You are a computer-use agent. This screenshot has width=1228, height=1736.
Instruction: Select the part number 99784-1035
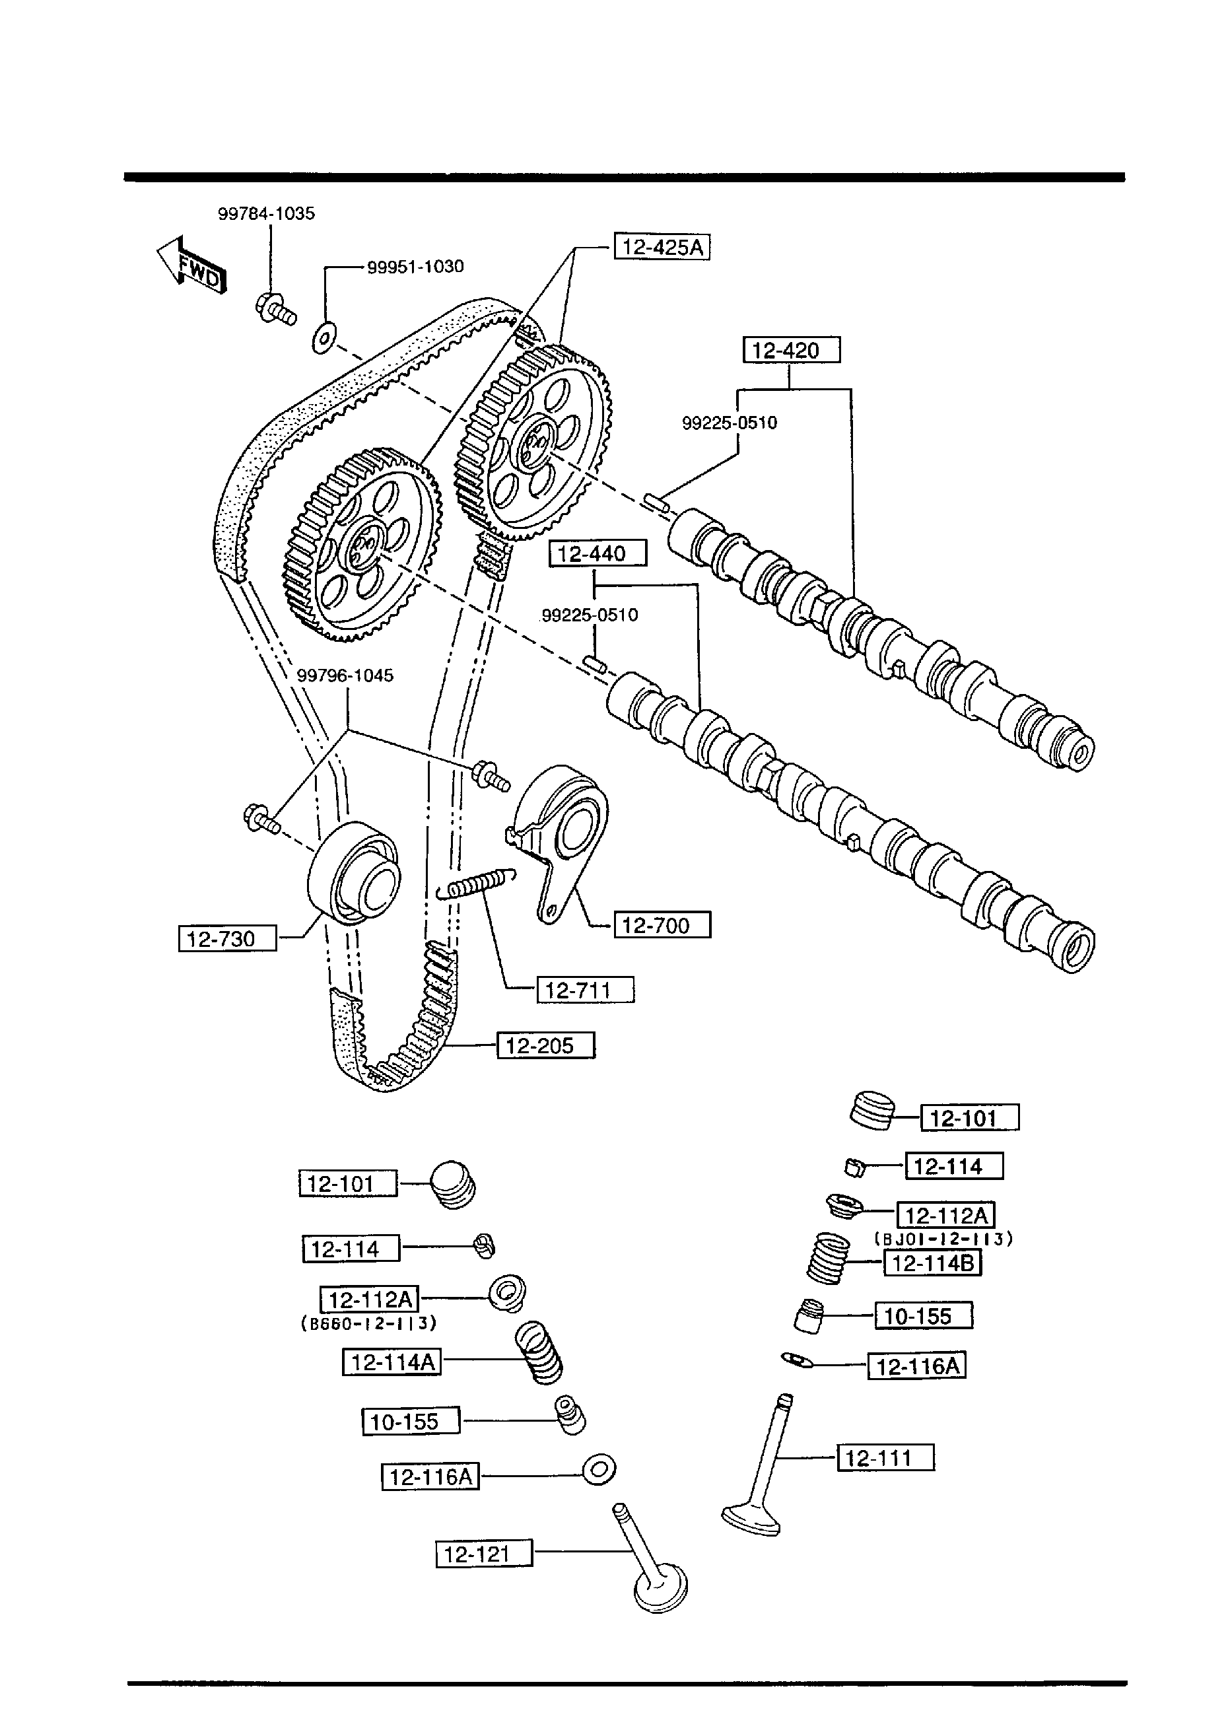(266, 214)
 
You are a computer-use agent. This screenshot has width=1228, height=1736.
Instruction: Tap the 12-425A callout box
(662, 247)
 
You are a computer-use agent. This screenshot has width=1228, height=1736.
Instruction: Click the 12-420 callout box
(791, 350)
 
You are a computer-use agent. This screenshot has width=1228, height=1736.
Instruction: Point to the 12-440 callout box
(597, 553)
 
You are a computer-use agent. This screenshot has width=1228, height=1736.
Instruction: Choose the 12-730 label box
(228, 939)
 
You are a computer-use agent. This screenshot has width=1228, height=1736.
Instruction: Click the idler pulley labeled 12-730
(354, 871)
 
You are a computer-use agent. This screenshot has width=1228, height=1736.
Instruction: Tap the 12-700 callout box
(662, 926)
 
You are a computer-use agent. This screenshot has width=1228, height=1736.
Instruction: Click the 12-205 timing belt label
(545, 1047)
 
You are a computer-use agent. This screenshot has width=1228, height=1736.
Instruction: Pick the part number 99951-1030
(415, 267)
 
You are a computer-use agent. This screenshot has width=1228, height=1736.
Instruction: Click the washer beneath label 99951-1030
(324, 338)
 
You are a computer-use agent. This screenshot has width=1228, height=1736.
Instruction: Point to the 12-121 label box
(484, 1554)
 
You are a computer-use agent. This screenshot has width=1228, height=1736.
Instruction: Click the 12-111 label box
(885, 1458)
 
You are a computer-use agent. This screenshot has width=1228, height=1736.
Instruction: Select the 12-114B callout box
(932, 1263)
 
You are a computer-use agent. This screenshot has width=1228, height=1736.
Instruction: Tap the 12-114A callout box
(392, 1362)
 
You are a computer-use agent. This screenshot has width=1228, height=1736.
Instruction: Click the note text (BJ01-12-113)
(943, 1239)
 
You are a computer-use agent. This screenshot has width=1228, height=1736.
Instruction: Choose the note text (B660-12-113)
(369, 1324)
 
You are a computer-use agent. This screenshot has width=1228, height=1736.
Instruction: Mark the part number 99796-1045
(345, 676)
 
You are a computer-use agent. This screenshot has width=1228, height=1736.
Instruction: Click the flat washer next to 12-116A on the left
(599, 1471)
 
